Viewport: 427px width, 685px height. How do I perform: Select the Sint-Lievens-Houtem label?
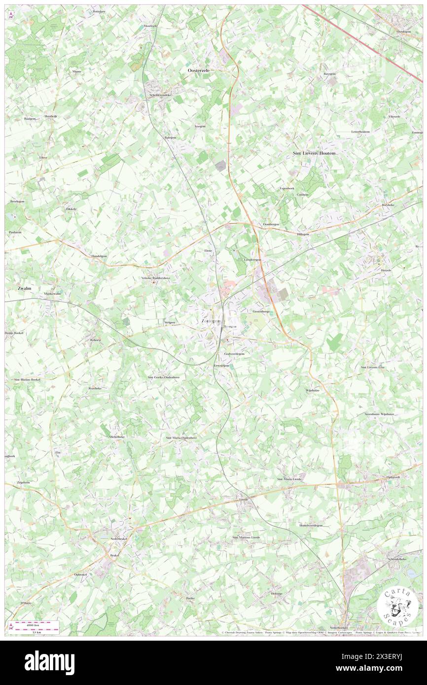315,153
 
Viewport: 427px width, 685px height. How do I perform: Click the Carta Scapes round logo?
397,606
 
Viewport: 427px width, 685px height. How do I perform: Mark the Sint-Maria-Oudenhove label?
181,437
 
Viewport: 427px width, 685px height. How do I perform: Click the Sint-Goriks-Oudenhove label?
164,377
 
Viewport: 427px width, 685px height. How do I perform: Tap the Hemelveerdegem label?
311,525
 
